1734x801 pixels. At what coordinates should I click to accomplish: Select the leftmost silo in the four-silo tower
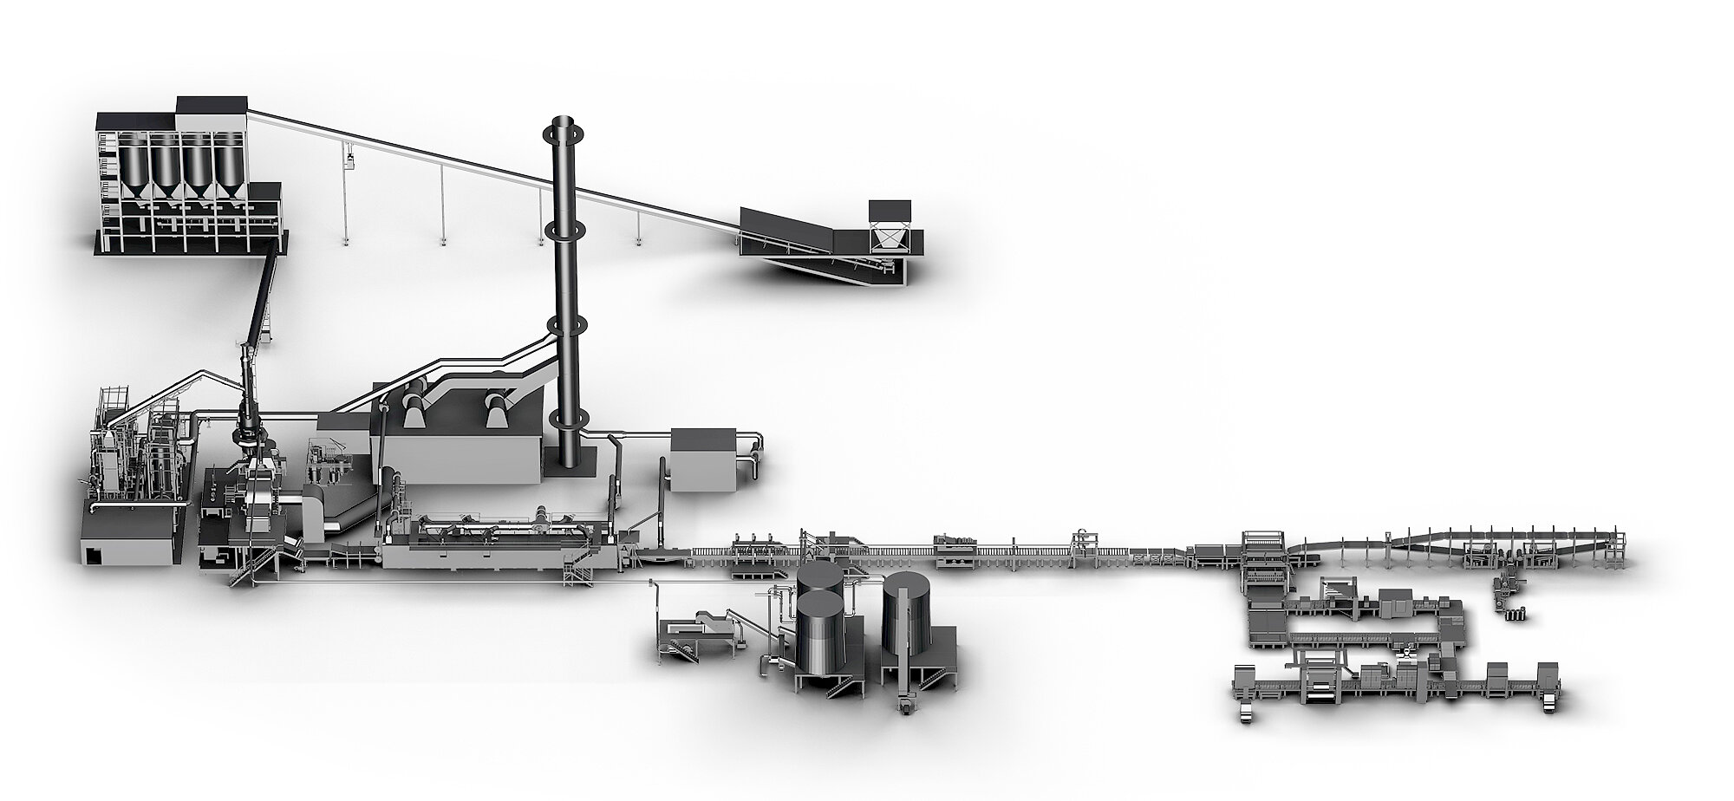(135, 168)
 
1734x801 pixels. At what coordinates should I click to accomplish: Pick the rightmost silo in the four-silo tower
(228, 168)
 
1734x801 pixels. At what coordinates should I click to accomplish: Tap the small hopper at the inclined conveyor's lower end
(890, 235)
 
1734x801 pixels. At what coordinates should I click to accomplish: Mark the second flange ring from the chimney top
(565, 230)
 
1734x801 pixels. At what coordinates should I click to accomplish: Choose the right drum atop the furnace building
(498, 407)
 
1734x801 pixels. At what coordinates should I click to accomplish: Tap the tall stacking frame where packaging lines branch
(1264, 555)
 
